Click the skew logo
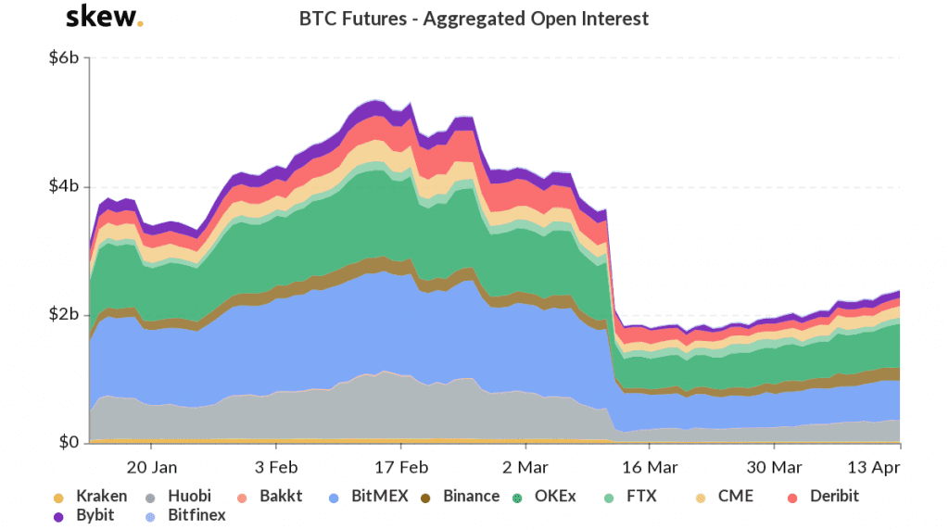(105, 18)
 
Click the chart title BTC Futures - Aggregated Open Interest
(474, 19)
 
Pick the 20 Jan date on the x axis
(152, 466)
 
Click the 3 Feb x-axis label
(277, 466)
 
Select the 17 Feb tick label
(401, 466)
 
